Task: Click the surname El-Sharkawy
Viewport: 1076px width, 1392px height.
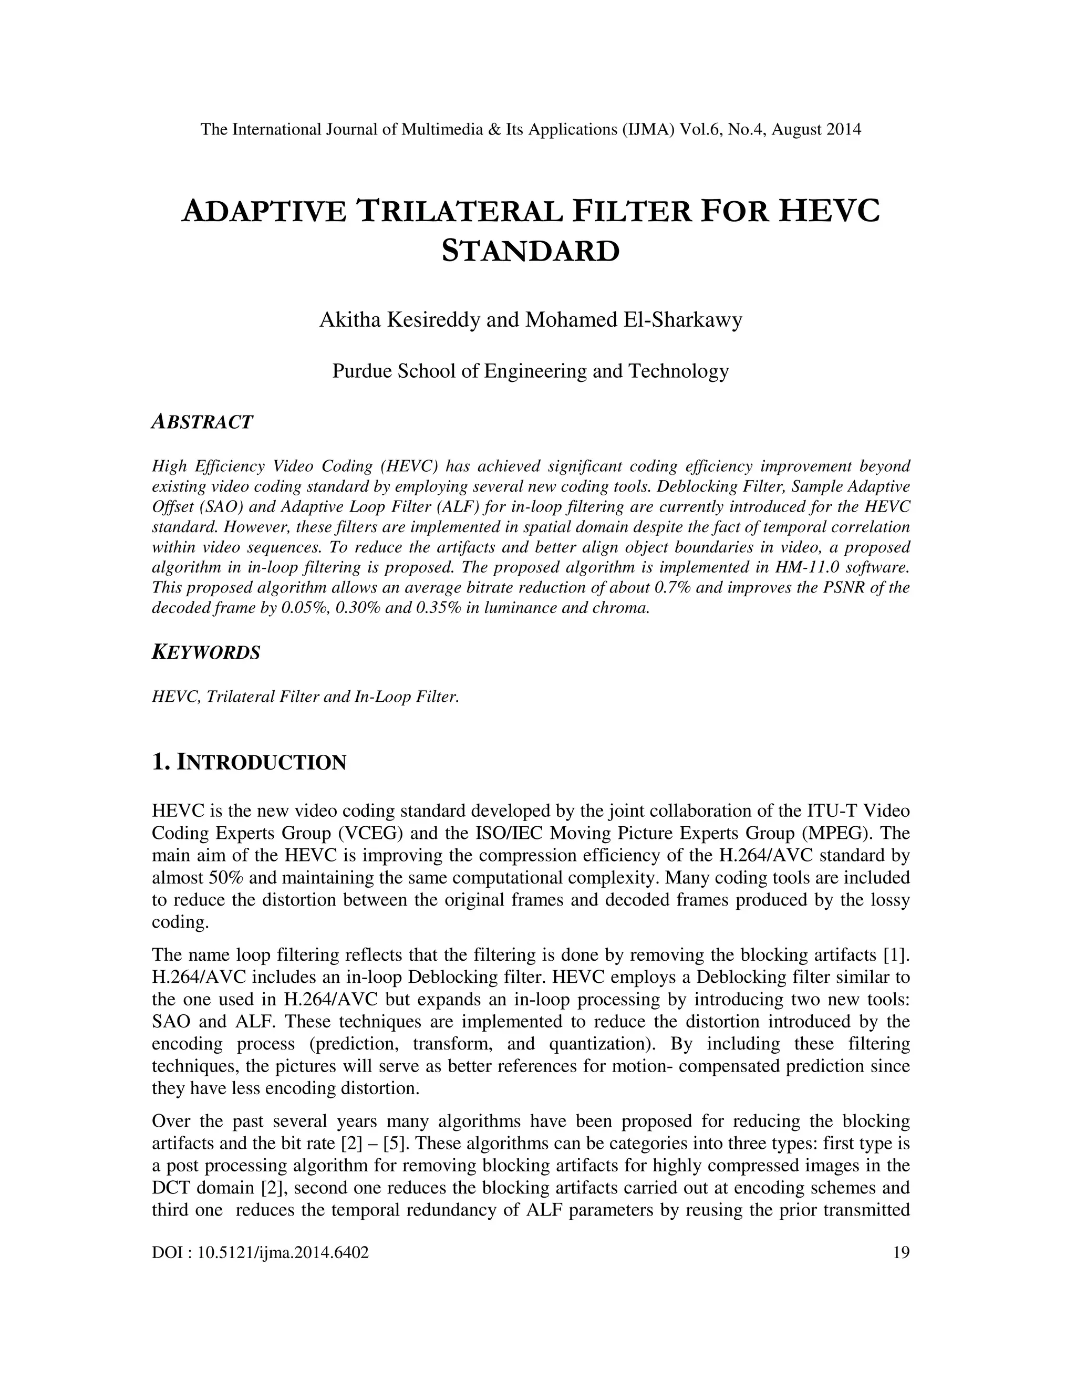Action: click(x=682, y=319)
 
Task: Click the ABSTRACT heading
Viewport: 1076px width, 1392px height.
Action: click(x=202, y=422)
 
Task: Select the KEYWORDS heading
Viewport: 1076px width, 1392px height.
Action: click(x=206, y=652)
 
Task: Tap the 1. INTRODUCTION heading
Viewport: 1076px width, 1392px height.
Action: click(x=249, y=762)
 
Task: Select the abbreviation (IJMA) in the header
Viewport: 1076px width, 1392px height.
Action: click(x=648, y=129)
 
